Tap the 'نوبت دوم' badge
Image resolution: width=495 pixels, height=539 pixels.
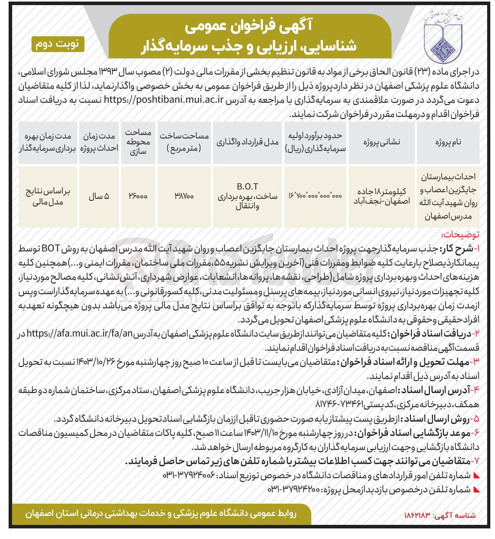(x=58, y=44)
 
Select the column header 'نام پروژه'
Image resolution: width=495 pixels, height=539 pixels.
(x=448, y=142)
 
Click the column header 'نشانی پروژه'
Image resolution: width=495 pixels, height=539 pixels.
(x=381, y=142)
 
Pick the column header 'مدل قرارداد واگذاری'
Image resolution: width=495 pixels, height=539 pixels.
(x=247, y=142)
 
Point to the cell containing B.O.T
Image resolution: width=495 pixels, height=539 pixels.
(x=247, y=186)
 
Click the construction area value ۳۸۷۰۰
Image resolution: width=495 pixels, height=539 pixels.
(x=184, y=197)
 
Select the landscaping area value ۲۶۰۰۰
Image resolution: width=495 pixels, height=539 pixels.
(x=138, y=197)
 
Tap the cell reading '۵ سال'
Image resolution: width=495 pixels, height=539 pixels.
(x=99, y=197)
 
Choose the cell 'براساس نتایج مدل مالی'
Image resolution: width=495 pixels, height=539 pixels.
(x=48, y=197)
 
